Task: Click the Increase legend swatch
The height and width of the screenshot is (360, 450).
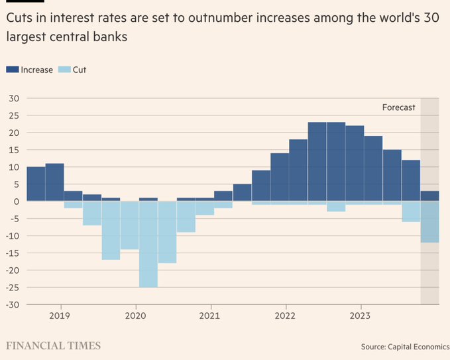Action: tap(13, 70)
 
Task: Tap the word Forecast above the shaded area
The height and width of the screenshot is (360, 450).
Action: tap(398, 107)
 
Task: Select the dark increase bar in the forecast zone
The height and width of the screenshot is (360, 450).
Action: tap(429, 196)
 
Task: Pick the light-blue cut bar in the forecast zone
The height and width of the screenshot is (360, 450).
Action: tap(429, 221)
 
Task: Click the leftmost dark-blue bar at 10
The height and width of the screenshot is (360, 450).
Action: tap(36, 184)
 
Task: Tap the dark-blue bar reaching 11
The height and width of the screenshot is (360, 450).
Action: tap(54, 182)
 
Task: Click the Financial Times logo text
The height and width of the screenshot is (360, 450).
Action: tap(54, 345)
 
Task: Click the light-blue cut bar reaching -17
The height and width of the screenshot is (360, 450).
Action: tap(111, 230)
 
